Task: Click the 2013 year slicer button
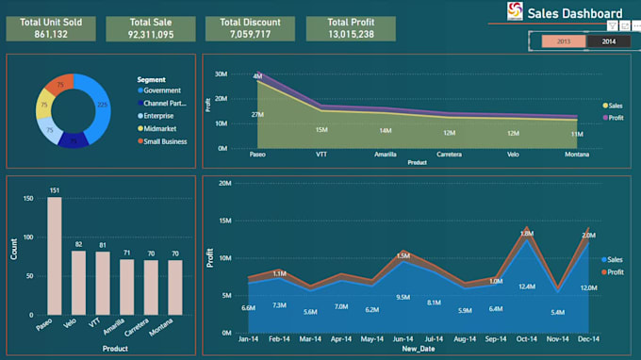[x=564, y=41]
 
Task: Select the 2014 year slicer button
[x=609, y=41]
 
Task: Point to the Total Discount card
[x=250, y=27]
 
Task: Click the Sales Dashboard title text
[x=574, y=13]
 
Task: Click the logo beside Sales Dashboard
[x=515, y=11]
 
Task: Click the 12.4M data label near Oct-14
[x=526, y=286]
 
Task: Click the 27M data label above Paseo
[x=256, y=115]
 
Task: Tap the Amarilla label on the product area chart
[x=385, y=153]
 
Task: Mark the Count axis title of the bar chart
[x=14, y=249]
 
